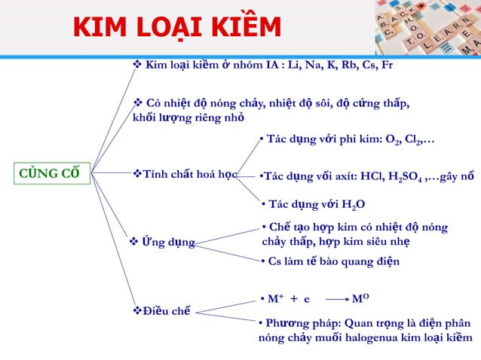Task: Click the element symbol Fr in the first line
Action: pyautogui.click(x=385, y=66)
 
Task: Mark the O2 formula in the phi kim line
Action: pyautogui.click(x=393, y=140)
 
